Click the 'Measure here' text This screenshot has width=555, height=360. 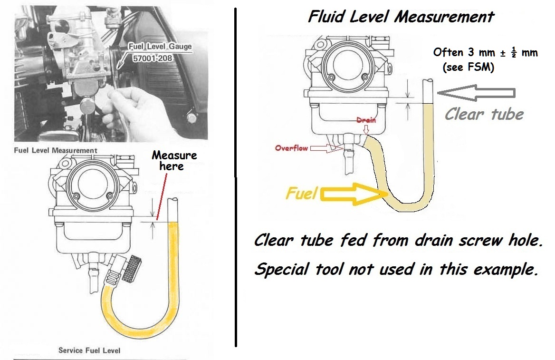(174, 161)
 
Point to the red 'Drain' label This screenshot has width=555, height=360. (366, 120)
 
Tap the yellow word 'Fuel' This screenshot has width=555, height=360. (301, 194)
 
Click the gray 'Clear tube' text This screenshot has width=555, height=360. (484, 114)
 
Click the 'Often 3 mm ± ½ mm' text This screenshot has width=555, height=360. (485, 53)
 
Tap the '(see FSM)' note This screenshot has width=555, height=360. (468, 68)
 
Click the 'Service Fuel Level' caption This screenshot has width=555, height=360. (89, 350)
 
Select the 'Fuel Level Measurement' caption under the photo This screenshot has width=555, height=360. (56, 150)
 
